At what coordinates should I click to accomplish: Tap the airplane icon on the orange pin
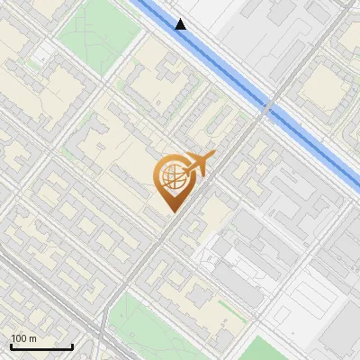pos(197,166)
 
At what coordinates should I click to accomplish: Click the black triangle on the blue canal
pos(181,24)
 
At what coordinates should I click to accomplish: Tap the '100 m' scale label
pos(24,337)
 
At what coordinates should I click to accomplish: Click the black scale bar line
pos(41,346)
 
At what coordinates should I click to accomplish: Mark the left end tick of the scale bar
pos(11,345)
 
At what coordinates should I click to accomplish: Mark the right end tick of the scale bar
pos(72,345)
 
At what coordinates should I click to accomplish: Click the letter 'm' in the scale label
pos(33,337)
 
